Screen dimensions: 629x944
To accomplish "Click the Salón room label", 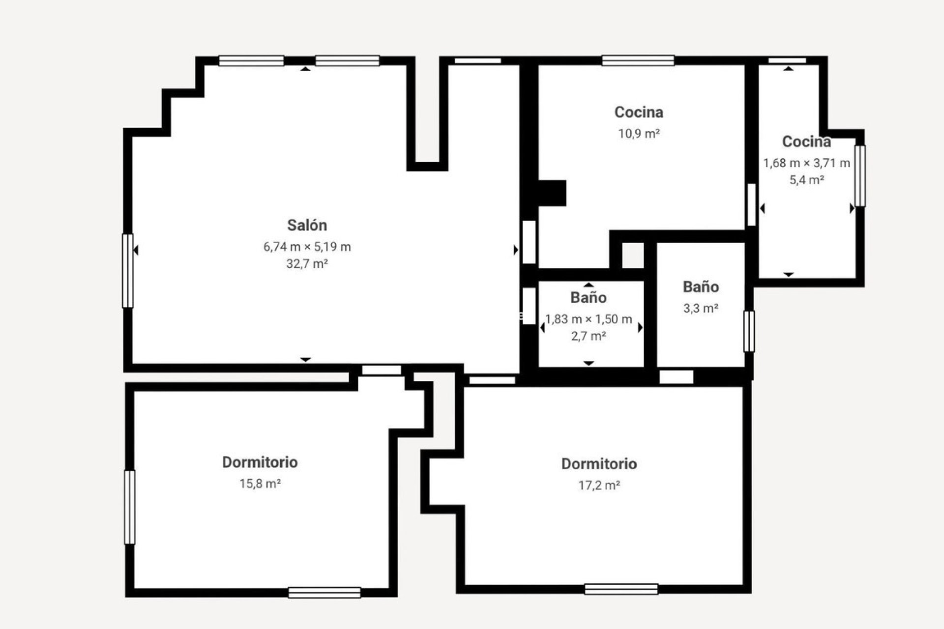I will point(307,225).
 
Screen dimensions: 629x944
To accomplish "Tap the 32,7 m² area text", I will point(307,264).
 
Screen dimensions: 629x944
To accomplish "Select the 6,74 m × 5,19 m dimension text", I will point(307,247).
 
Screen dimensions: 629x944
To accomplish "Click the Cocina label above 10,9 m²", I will point(639,112).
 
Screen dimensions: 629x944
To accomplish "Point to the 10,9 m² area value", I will point(639,134).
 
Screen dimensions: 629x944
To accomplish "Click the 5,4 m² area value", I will point(806,180).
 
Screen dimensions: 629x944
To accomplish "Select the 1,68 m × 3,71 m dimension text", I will point(806,163).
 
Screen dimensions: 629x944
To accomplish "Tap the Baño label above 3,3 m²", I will point(701,287).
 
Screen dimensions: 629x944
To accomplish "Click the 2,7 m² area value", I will point(588,336).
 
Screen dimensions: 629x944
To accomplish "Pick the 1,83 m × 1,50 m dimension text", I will point(588,319).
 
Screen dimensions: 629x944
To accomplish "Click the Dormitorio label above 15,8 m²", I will point(260,462).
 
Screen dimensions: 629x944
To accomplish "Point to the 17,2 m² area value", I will point(599,486).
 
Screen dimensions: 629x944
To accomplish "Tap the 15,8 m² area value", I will point(260,484).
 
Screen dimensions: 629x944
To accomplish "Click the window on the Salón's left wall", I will point(128,271).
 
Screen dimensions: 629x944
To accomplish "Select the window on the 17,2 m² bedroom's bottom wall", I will point(621,589).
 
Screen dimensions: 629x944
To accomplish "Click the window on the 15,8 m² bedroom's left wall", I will point(130,507).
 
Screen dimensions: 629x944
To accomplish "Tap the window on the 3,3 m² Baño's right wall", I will point(749,331).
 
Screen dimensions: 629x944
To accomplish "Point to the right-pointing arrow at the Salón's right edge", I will point(515,250).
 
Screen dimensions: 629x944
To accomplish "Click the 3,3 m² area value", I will point(701,309).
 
